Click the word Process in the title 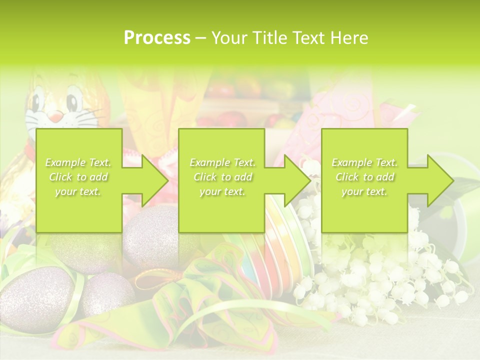tap(157, 38)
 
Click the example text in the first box tap(78, 177)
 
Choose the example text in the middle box tap(222, 177)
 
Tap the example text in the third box tap(364, 177)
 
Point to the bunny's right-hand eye tap(73, 100)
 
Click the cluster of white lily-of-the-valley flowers tap(380, 280)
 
